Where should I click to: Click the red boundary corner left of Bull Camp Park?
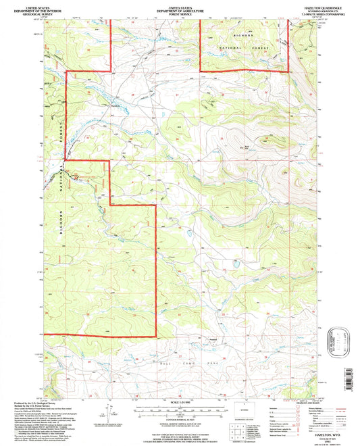(157, 336)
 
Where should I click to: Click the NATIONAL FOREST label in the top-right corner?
(257, 47)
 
